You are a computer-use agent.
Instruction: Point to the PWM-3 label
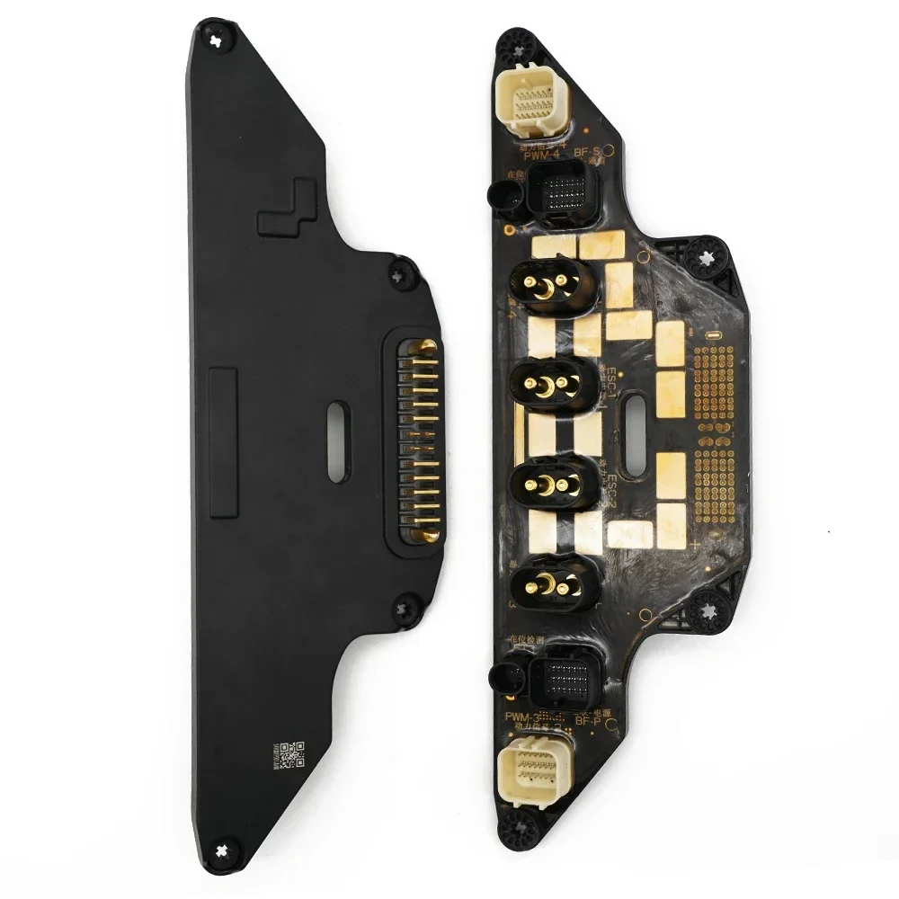521,717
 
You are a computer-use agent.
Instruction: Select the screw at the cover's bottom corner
223,846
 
